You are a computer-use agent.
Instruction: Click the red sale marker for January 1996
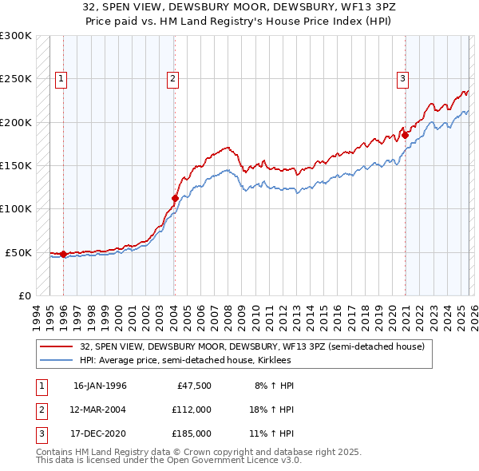pyautogui.click(x=63, y=255)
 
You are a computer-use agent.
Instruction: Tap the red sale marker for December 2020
pyautogui.click(x=405, y=135)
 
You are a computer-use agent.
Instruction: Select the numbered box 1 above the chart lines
pyautogui.click(x=61, y=78)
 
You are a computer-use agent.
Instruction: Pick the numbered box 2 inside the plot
pyautogui.click(x=172, y=78)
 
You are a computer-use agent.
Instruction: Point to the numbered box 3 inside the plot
pyautogui.click(x=403, y=78)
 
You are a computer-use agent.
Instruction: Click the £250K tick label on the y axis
pyautogui.click(x=16, y=79)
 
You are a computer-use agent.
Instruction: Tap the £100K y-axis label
pyautogui.click(x=16, y=208)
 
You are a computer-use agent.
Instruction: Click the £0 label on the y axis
pyautogui.click(x=23, y=295)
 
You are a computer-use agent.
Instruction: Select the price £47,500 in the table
pyautogui.click(x=192, y=386)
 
